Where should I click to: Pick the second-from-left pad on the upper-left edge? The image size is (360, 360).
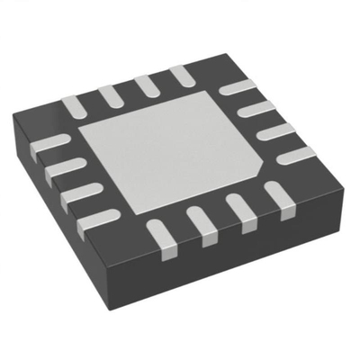pyautogui.click(x=108, y=94)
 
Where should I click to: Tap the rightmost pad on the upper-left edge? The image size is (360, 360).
pyautogui.click(x=178, y=74)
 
